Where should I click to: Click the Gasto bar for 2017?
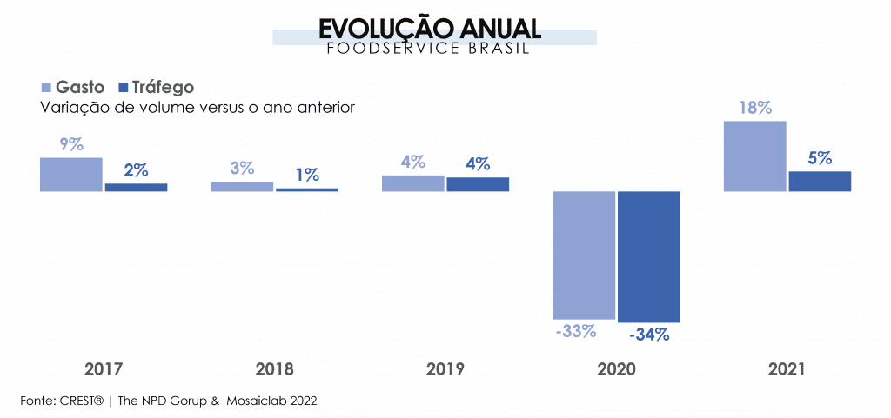click(71, 174)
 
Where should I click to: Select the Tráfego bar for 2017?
click(136, 187)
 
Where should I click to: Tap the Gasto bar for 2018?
click(242, 186)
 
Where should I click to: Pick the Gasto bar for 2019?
click(412, 182)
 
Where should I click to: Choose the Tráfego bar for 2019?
click(478, 183)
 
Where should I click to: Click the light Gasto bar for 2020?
click(584, 255)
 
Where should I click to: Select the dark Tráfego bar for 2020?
click(648, 255)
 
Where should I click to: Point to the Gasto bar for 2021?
click(754, 156)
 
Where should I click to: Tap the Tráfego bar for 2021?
click(820, 181)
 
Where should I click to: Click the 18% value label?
click(755, 109)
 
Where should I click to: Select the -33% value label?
click(575, 331)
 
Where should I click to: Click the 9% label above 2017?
click(71, 145)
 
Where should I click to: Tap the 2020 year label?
click(616, 368)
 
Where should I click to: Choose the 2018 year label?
click(274, 368)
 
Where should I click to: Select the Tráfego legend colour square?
click(123, 87)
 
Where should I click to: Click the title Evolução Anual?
click(430, 28)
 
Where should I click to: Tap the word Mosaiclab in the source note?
click(258, 401)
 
